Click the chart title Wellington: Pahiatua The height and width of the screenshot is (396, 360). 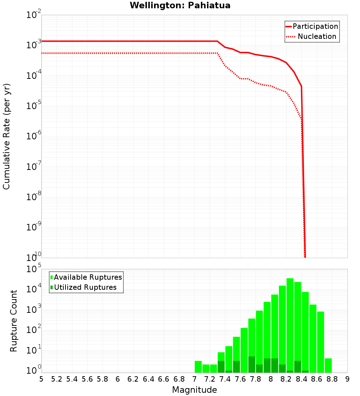click(180, 5)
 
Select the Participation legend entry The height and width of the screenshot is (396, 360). click(315, 27)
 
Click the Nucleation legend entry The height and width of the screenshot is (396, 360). click(316, 37)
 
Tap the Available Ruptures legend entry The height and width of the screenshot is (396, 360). click(88, 277)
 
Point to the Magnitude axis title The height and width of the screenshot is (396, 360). click(194, 390)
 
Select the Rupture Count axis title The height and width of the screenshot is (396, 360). click(14, 320)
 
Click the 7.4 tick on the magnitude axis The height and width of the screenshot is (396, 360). click(225, 379)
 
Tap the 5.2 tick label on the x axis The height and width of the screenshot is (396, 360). click(57, 379)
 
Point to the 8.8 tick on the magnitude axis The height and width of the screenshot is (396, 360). click(332, 379)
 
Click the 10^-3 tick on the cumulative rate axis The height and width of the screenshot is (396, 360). click(34, 45)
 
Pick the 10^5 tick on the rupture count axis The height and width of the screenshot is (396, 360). click(34, 269)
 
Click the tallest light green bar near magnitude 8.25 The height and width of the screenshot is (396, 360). click(290, 324)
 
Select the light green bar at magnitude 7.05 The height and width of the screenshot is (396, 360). click(198, 366)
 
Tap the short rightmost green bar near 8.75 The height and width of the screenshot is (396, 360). click(328, 365)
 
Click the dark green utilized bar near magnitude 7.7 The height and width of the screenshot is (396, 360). click(252, 364)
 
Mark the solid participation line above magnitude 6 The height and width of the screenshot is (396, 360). click(118, 41)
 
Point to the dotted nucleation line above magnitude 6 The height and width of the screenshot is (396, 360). click(118, 53)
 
